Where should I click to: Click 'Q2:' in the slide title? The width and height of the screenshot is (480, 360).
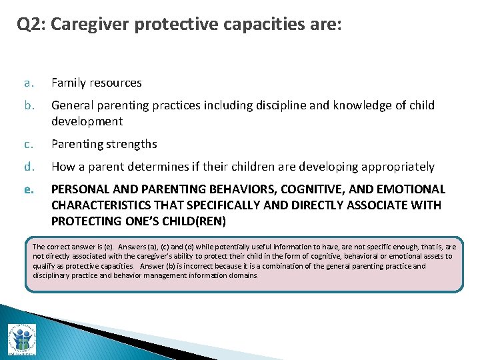point(31,25)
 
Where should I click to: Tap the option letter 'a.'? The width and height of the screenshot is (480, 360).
point(28,83)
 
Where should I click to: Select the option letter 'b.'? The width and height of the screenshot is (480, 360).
point(28,105)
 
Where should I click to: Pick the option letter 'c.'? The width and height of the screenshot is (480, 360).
point(28,144)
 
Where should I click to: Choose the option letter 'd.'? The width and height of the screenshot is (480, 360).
point(28,167)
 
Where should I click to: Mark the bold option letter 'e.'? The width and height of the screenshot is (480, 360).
point(28,189)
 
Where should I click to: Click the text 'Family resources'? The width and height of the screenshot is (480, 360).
point(97,83)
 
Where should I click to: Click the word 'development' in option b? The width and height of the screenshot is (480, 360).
point(87,121)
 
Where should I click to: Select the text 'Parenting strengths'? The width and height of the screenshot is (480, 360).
point(104,144)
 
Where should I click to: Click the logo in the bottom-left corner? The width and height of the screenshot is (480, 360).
point(22,339)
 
